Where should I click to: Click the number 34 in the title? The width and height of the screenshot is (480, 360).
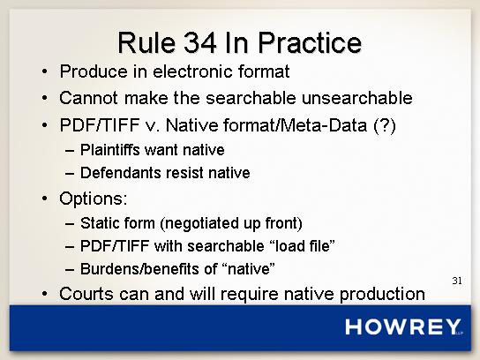199,42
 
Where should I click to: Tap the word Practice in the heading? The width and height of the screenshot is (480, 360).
310,42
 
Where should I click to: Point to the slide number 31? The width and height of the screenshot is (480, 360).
457,281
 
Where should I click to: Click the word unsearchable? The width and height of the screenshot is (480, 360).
357,98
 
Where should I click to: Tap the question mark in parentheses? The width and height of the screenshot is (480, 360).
385,125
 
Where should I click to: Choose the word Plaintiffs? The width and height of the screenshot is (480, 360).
110,150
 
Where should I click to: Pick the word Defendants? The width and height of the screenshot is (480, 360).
120,173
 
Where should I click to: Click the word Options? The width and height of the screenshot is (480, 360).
93,199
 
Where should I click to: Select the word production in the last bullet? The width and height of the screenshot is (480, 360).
382,294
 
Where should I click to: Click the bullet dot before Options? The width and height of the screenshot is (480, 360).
45,199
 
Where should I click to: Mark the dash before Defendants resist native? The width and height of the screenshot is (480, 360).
70,174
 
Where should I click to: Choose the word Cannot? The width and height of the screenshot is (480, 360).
88,98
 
